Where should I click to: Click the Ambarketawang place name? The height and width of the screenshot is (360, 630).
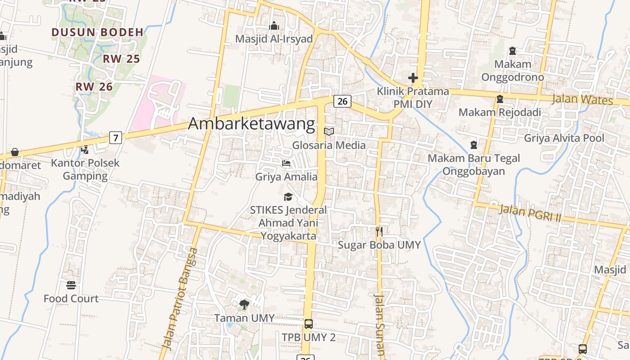(251, 124)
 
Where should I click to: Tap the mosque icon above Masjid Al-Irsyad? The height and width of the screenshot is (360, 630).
(274, 26)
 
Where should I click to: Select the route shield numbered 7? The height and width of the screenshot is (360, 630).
(116, 138)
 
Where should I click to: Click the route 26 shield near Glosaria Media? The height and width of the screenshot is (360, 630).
(342, 101)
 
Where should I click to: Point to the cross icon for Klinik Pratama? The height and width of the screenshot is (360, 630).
(413, 78)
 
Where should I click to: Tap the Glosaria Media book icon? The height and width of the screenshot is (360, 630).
(329, 131)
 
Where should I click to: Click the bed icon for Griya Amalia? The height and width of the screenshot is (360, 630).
(286, 163)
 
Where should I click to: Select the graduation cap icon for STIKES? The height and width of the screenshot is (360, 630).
(288, 197)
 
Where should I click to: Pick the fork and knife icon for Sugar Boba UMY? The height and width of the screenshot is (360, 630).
(379, 232)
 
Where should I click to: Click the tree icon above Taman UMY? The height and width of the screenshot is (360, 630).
(244, 305)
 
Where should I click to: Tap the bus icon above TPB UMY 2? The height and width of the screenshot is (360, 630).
(309, 324)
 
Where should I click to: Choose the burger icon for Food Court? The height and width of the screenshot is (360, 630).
(71, 285)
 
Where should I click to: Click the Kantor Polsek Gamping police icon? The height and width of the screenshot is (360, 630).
(85, 149)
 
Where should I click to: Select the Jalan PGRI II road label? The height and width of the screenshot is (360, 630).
(531, 213)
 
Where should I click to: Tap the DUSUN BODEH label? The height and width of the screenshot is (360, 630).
(97, 32)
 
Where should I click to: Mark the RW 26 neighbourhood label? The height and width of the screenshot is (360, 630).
(94, 87)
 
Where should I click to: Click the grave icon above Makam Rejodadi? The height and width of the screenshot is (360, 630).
(499, 99)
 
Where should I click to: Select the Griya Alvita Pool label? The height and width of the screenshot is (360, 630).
(564, 138)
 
